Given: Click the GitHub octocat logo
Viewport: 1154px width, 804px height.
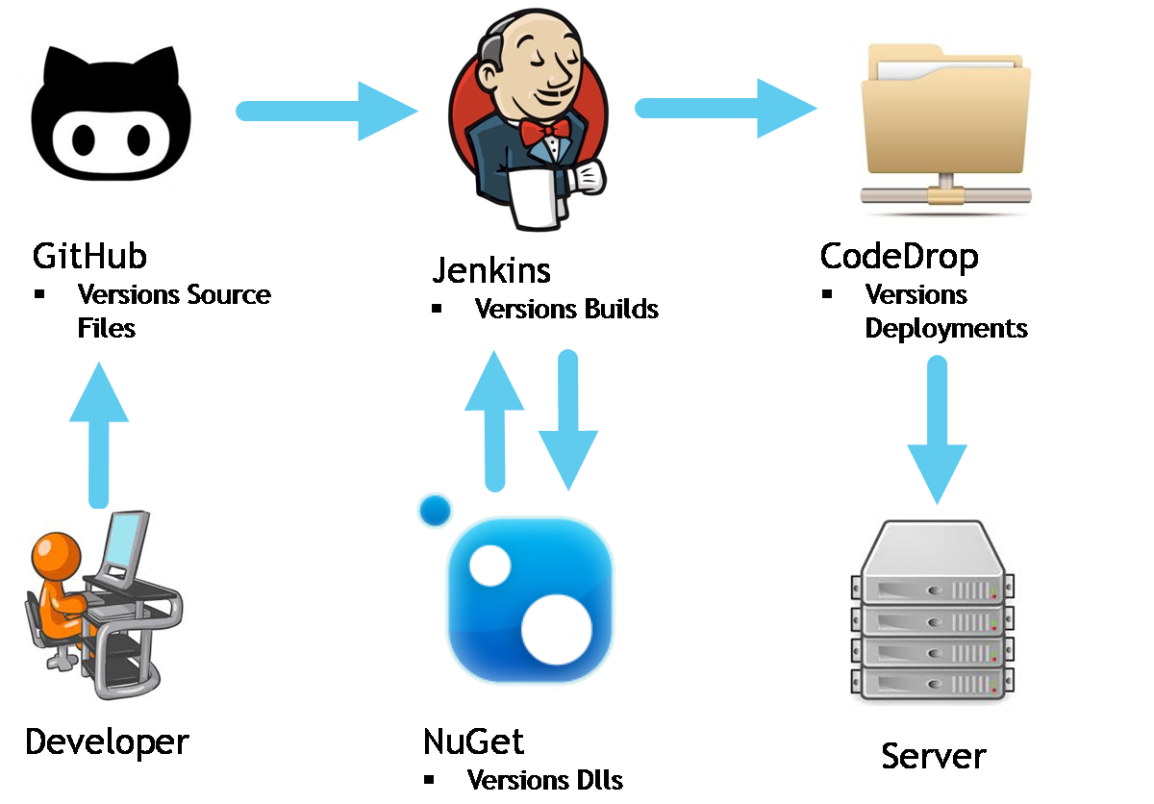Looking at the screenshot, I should (x=110, y=113).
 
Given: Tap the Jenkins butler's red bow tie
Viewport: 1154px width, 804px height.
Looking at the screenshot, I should (x=544, y=131).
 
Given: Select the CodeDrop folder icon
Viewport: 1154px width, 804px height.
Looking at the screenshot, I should (x=941, y=130).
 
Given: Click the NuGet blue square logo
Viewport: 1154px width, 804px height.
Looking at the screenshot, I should (x=530, y=601).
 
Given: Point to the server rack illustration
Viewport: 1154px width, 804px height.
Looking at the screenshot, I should (x=933, y=616).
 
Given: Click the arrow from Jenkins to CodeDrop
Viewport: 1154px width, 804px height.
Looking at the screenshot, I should (x=726, y=107).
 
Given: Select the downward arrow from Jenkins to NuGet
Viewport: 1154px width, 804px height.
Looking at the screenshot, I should (x=568, y=418).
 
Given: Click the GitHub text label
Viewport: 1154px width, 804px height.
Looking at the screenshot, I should (x=89, y=257).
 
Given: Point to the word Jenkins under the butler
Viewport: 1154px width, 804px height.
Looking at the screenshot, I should (x=491, y=270).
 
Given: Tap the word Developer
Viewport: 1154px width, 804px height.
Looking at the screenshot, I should (x=107, y=741).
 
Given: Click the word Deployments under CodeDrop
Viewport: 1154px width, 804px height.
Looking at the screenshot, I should (x=946, y=328).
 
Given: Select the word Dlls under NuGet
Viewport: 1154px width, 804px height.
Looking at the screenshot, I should (x=597, y=780).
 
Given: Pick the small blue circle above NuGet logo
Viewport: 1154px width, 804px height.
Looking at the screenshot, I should (x=436, y=510).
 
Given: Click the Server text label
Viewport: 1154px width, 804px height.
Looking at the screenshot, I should (x=934, y=755).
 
